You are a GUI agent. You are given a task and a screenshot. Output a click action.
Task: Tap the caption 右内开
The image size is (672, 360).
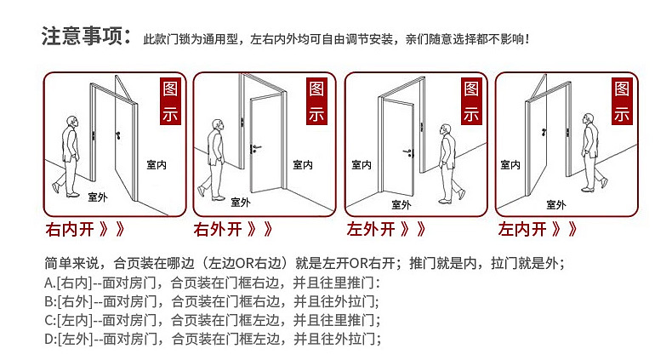(x=67, y=229)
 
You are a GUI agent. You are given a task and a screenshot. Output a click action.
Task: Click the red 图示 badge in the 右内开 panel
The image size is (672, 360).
(x=170, y=102)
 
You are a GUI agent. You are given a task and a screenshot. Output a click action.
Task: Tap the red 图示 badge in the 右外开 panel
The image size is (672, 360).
(x=317, y=102)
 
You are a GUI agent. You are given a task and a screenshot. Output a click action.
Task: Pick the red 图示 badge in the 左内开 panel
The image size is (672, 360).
(x=622, y=102)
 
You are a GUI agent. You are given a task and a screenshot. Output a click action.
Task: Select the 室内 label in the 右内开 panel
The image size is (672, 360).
(x=155, y=164)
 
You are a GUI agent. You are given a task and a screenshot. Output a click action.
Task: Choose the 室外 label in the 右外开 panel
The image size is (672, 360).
(x=241, y=203)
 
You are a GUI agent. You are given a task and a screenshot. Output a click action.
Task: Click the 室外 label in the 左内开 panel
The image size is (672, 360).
(x=556, y=204)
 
